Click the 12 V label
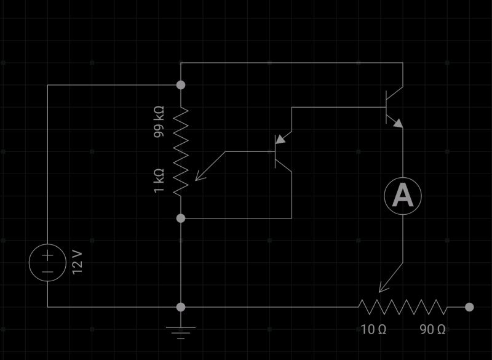77,262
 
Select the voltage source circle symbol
47,263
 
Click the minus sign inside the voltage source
47,271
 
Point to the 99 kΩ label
159,121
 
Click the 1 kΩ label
159,181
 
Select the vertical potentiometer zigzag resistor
180,151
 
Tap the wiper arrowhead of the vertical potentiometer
199,177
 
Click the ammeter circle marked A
403,196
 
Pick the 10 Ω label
373,330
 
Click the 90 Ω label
432,330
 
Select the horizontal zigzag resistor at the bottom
403,306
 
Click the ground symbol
180,333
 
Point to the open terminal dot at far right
469,306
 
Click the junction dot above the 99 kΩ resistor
180,84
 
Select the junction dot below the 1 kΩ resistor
180,218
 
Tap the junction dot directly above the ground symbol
180,306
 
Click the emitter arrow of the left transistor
280,140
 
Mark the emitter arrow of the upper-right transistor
398,124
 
